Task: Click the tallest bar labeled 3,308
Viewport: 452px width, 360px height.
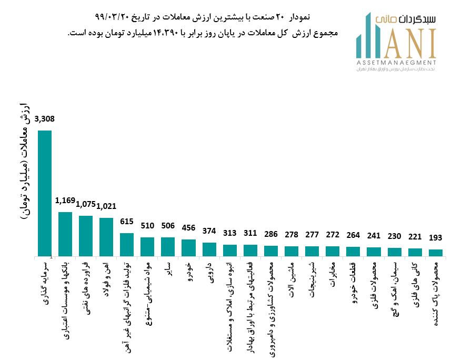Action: (45, 193)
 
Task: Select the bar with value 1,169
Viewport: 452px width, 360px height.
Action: (65, 234)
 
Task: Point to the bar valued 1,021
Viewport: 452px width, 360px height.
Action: (106, 237)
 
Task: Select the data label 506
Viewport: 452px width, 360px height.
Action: (167, 226)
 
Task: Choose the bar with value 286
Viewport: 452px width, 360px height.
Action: (271, 251)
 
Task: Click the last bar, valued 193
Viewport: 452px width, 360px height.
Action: (436, 253)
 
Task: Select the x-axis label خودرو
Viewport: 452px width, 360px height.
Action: (188, 271)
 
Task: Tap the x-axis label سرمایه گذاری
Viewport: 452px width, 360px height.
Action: (45, 279)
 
